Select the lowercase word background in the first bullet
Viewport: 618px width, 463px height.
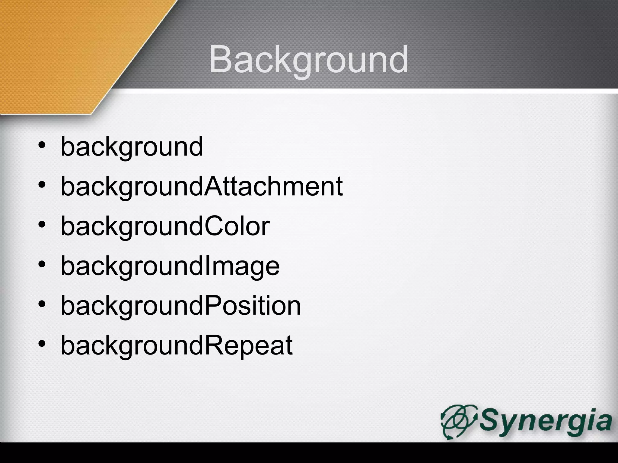click(132, 147)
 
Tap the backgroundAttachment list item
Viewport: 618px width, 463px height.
click(202, 187)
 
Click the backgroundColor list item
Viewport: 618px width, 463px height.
click(165, 226)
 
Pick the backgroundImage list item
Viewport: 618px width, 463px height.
click(170, 266)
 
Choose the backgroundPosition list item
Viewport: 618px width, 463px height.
click(181, 306)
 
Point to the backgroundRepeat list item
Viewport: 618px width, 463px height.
click(177, 345)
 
